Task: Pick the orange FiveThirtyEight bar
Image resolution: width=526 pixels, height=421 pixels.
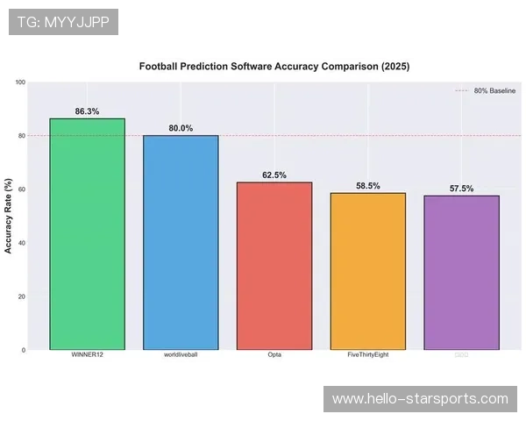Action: pos(368,271)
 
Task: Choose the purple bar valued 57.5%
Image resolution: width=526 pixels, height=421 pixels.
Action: pos(461,273)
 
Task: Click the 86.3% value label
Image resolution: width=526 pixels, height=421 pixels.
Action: pos(87,112)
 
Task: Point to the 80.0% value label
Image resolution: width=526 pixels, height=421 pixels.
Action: pos(181,129)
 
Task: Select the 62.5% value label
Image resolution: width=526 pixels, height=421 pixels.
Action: pos(274,175)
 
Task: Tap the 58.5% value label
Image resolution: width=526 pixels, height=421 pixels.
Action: pos(368,186)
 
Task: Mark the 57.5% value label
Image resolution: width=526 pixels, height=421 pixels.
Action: pos(461,189)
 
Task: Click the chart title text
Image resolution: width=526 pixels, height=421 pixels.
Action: pos(274,66)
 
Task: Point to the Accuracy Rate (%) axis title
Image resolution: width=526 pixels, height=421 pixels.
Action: pos(9,216)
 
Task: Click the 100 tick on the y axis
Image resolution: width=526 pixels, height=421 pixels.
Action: pos(20,82)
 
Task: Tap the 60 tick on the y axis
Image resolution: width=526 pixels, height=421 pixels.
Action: pos(22,189)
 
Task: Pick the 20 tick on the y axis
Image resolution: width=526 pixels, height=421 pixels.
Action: pos(22,296)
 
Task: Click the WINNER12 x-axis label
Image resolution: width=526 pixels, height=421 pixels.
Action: pos(87,355)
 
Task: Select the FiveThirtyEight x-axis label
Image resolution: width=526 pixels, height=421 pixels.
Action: pos(368,355)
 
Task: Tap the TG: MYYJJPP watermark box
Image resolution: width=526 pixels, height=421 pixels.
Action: pos(63,22)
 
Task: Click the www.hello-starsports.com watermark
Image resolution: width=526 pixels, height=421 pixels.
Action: pos(420,399)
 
